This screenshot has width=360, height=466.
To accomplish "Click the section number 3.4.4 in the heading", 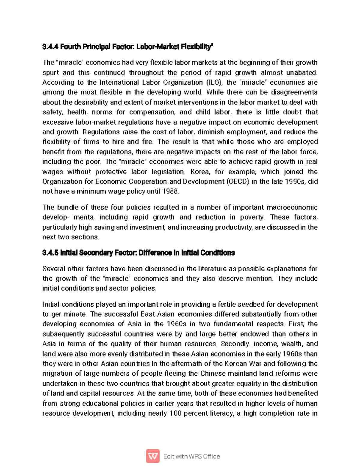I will click(50, 47).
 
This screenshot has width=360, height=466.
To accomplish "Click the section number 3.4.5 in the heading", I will click(50, 253).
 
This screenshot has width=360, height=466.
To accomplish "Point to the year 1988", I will click(170, 191).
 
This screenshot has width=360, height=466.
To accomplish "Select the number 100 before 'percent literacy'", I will click(175, 413).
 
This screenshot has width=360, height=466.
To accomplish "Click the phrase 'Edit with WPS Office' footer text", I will click(192, 456).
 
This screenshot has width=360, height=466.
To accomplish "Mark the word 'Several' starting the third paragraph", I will click(53, 269).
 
